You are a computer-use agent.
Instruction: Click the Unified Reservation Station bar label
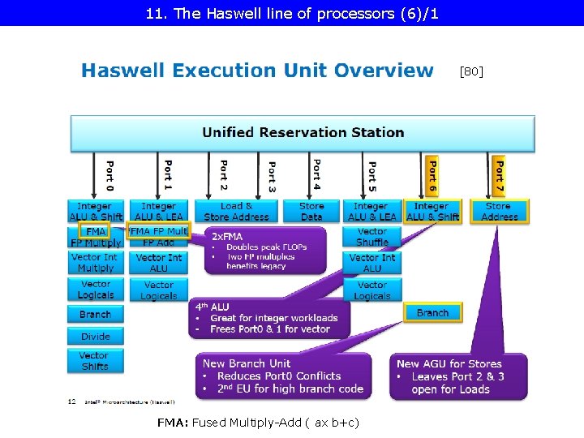tap(303, 132)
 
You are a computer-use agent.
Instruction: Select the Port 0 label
tap(109, 174)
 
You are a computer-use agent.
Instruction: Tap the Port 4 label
tap(316, 172)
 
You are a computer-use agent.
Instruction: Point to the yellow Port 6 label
tap(432, 174)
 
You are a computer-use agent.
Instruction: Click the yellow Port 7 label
tap(498, 174)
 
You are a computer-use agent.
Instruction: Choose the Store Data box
tap(311, 211)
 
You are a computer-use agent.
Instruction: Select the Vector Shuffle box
tap(371, 237)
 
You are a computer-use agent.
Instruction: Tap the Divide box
tap(95, 336)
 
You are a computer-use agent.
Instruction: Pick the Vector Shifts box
tap(94, 361)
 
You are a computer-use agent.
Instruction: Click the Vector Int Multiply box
tap(95, 263)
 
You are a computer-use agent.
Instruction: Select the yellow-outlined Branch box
tap(432, 313)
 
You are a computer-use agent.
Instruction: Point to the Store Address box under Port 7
tap(499, 211)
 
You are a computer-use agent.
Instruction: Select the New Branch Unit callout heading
tap(246, 363)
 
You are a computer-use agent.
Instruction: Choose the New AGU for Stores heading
tap(449, 363)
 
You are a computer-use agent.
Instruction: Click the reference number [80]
tap(471, 71)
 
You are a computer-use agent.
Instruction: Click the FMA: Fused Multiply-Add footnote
tap(258, 423)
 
